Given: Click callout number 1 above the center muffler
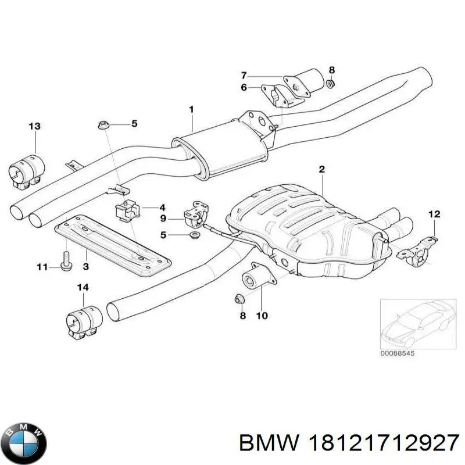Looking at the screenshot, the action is click(192, 110).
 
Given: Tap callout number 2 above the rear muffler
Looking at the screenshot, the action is click(322, 169).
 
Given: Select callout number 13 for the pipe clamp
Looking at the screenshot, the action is click(35, 126).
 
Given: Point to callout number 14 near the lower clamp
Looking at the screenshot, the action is click(83, 287).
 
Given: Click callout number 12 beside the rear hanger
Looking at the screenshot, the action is click(434, 214).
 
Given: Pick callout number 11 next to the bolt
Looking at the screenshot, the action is click(42, 267).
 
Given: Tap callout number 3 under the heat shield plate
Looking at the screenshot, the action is click(85, 266).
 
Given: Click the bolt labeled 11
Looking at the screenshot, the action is click(66, 260).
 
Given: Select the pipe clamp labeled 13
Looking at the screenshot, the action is click(27, 171).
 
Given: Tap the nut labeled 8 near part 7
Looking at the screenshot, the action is click(331, 84).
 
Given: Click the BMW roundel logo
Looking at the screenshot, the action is click(26, 443).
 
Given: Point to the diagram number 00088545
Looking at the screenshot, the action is click(398, 353).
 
